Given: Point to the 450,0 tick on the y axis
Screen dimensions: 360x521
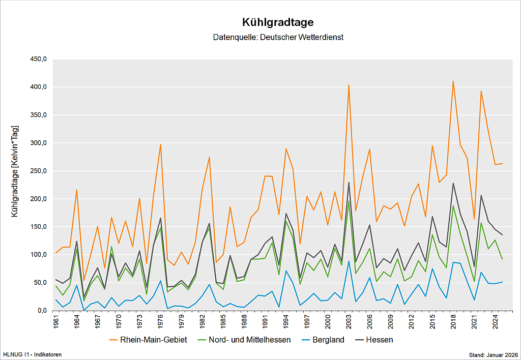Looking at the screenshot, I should (x=38, y=59).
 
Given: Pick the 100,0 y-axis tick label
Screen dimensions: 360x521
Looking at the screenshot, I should (x=38, y=255).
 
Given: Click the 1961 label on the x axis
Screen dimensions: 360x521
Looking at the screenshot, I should (x=56, y=322).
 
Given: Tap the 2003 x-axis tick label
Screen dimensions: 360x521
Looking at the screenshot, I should (x=349, y=322).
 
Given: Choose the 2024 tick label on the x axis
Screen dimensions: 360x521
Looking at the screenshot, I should (x=495, y=322).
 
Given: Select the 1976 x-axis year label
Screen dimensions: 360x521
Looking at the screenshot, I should (x=160, y=322).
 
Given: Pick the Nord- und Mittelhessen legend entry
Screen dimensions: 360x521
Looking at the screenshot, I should (x=249, y=339).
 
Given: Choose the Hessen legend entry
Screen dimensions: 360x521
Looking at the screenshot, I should (x=379, y=339).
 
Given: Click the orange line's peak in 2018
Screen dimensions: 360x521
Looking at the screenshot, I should (x=453, y=81).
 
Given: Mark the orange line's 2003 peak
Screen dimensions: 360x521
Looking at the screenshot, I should (x=349, y=85).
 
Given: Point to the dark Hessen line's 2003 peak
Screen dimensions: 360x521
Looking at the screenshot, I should (x=349, y=182).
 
